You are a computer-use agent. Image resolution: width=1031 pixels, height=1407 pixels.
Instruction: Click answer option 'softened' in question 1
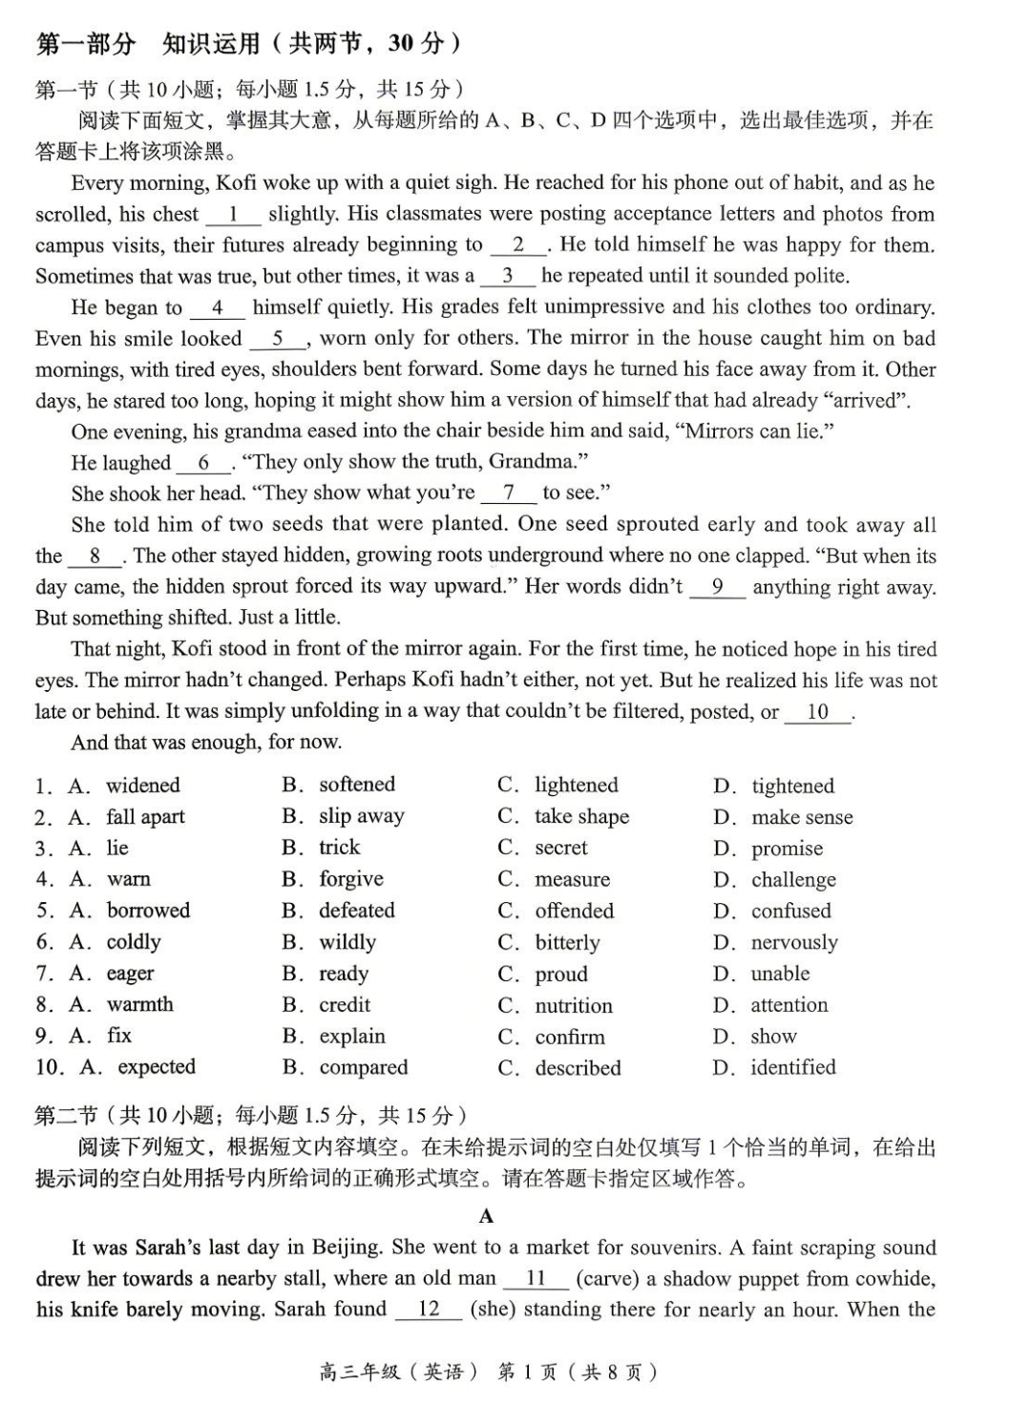(x=356, y=785)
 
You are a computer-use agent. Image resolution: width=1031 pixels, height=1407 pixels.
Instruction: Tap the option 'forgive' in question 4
(x=350, y=878)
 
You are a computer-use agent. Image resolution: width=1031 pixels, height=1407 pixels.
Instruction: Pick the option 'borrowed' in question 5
(x=148, y=910)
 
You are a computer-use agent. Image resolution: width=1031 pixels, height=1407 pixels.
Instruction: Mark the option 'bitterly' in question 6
(x=567, y=942)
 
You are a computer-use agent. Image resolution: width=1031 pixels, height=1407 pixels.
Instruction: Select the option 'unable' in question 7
(x=780, y=974)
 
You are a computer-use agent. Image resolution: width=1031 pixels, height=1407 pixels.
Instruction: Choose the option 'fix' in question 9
(x=119, y=1036)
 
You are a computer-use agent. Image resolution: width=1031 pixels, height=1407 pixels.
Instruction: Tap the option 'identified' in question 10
(x=792, y=1067)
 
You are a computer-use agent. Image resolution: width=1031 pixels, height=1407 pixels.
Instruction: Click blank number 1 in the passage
(x=232, y=215)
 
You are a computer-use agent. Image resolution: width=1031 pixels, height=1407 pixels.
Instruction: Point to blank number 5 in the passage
(x=278, y=339)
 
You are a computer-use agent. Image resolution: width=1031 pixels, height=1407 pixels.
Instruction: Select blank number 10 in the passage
(x=817, y=712)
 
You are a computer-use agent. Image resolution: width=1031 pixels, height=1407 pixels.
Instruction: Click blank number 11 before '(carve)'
(x=536, y=1278)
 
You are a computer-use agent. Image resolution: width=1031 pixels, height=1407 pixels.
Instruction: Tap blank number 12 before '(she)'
(x=429, y=1310)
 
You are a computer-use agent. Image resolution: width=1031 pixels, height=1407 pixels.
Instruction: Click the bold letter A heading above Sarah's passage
(x=487, y=1215)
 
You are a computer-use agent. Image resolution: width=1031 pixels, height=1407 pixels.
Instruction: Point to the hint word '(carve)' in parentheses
(x=607, y=1278)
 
